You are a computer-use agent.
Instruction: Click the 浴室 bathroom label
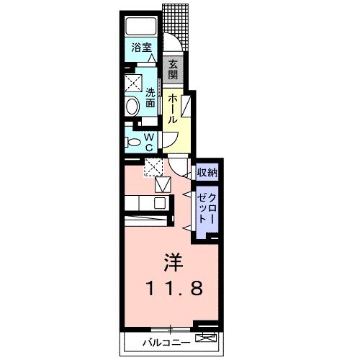[x=141, y=48]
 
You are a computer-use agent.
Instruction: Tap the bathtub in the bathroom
[x=141, y=27]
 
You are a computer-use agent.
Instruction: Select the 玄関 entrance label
[x=173, y=70]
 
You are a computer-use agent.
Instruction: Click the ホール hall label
[x=173, y=109]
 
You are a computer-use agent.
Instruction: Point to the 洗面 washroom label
[x=150, y=98]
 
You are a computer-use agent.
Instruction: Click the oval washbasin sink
[x=132, y=107]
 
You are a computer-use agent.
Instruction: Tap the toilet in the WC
[x=132, y=143]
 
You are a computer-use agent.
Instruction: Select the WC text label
[x=149, y=143]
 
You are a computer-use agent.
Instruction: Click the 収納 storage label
[x=207, y=172]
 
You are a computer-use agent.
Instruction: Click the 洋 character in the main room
[x=174, y=262]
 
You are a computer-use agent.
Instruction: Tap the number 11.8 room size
[x=174, y=288]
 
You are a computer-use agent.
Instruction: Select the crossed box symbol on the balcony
[x=206, y=338]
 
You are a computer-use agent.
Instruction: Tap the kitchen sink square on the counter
[x=160, y=204]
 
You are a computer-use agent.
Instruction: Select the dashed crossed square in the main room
[x=153, y=167]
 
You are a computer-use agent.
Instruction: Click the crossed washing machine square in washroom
[x=134, y=83]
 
